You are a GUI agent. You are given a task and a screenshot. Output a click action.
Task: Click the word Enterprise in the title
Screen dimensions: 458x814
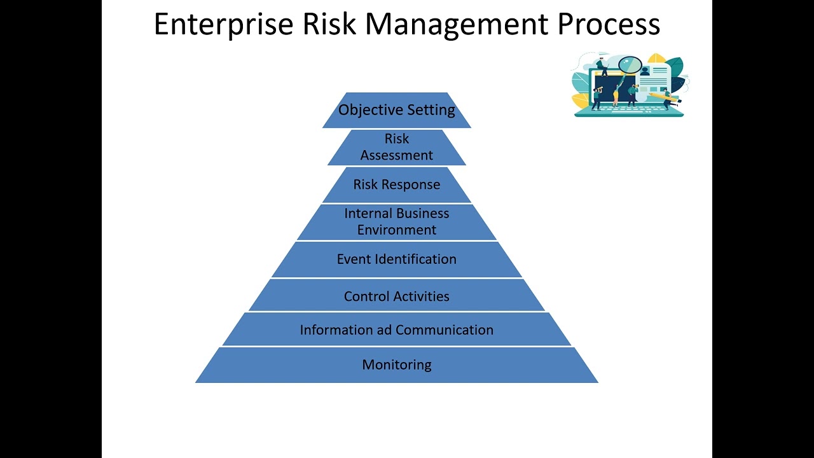point(223,24)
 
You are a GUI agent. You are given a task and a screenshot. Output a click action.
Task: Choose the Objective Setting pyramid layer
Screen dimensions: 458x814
point(397,110)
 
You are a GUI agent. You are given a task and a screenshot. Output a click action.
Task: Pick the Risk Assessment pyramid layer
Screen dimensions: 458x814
point(397,147)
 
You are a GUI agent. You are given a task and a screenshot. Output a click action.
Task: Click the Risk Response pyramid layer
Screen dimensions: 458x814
point(397,184)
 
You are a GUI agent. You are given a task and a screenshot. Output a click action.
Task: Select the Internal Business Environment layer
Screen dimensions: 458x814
point(397,221)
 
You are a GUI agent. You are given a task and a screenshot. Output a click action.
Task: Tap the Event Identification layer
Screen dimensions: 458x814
point(397,259)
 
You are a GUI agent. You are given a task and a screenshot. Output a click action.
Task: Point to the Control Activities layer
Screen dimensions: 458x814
point(397,296)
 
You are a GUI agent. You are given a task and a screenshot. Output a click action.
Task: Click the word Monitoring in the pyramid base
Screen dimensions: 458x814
point(397,364)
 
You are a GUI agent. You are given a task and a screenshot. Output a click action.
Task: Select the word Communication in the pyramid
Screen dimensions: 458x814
point(445,330)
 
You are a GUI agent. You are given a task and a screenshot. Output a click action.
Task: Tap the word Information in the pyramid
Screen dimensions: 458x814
point(336,330)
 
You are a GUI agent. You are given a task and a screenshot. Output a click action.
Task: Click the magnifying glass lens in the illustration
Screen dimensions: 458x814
point(630,64)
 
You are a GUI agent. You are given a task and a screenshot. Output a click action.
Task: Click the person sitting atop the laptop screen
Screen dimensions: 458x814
point(602,66)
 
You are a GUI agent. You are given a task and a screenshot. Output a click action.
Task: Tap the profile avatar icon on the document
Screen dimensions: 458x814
point(645,71)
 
